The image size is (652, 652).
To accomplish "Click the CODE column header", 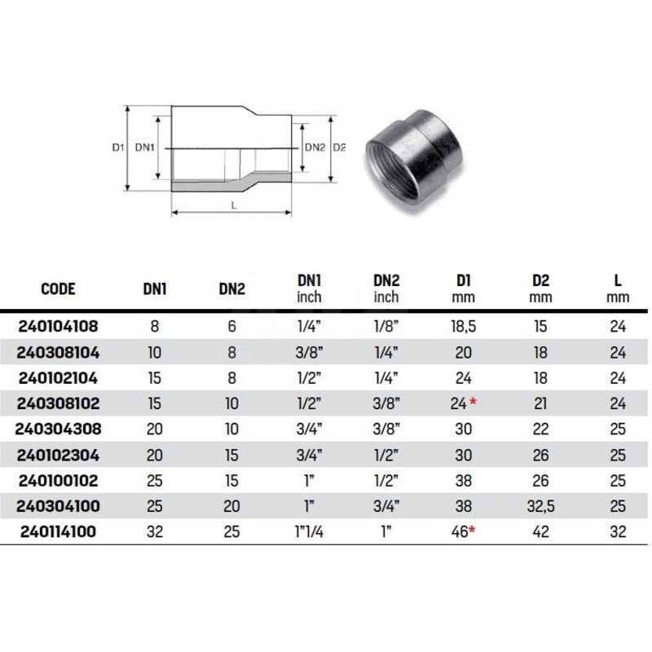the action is click(58, 289).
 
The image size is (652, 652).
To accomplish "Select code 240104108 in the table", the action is click(58, 327).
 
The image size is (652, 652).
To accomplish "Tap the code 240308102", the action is click(58, 403).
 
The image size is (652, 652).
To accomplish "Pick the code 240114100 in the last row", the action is click(58, 531).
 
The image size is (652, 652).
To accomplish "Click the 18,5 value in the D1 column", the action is click(463, 327).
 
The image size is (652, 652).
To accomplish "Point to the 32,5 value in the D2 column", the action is click(540, 506).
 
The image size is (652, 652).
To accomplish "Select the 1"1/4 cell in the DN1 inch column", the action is click(309, 531).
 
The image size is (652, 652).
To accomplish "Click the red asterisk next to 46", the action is click(471, 529).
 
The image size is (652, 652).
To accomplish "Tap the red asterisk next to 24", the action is click(473, 401).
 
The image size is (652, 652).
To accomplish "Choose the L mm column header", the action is click(618, 289).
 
